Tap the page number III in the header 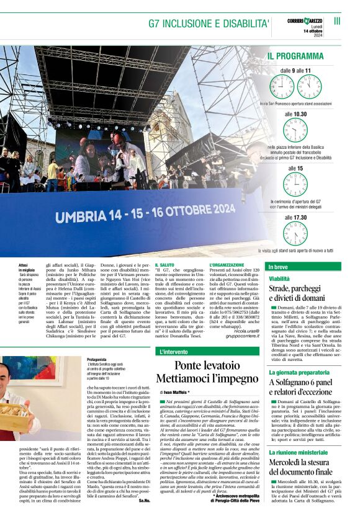337,21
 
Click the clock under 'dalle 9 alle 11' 295,86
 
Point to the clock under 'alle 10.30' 295,130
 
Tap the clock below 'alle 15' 295,185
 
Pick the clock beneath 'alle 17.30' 295,233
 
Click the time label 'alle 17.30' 295,218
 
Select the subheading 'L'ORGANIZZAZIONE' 227,265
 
